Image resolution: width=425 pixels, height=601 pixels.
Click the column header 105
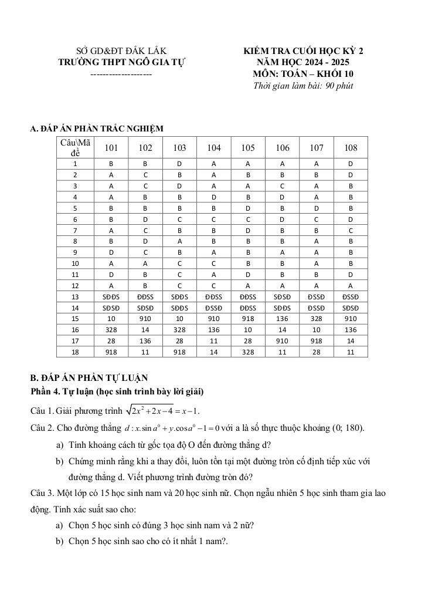[x=248, y=148]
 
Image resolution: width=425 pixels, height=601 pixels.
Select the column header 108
[x=351, y=148]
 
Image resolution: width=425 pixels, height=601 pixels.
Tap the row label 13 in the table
[x=75, y=297]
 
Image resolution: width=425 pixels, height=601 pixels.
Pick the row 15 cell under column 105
[x=248, y=319]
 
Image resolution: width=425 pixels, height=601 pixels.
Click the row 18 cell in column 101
[x=111, y=352]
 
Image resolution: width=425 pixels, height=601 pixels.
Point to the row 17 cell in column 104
[x=214, y=340]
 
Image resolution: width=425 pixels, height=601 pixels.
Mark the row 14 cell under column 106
[x=283, y=308]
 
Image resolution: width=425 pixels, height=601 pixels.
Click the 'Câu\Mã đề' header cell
[x=75, y=147]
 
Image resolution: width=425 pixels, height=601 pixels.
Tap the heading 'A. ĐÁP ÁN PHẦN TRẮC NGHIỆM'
[x=97, y=129]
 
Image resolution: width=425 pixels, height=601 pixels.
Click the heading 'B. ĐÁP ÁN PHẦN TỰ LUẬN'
[x=89, y=379]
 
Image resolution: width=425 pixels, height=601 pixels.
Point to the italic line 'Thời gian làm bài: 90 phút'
[x=303, y=86]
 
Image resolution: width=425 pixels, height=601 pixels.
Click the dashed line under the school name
[x=121, y=75]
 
